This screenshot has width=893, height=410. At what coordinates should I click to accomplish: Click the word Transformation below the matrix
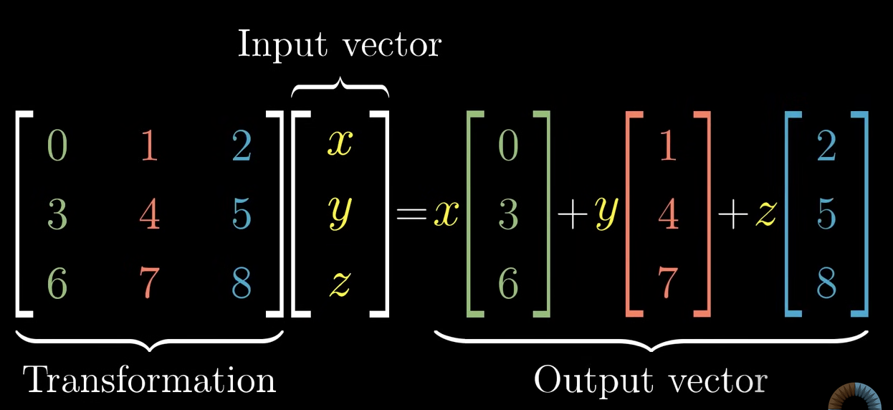(x=150, y=380)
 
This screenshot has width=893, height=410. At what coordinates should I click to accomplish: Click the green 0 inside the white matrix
(x=57, y=146)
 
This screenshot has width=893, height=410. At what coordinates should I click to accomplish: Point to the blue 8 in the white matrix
(x=242, y=284)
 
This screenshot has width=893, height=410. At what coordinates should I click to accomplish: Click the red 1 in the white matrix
(x=148, y=146)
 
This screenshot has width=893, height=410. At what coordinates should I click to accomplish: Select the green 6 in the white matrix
(x=57, y=284)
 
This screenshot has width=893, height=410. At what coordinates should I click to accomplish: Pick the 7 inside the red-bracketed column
(x=668, y=284)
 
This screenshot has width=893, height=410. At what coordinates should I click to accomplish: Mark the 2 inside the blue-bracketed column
(x=826, y=146)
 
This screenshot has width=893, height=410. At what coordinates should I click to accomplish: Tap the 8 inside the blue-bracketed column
(x=826, y=284)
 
